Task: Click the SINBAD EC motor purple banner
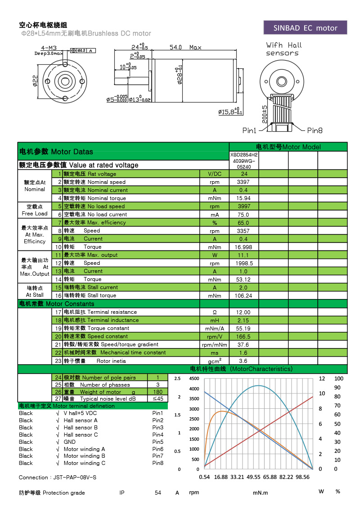click(305, 28)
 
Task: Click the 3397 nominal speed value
click(244, 182)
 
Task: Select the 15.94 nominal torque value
click(244, 198)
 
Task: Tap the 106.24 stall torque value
click(244, 295)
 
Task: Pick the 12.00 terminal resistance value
click(244, 312)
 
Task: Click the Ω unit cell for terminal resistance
click(215, 312)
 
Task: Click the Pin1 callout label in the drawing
click(249, 130)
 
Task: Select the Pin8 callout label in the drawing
click(315, 130)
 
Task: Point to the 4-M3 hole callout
click(49, 48)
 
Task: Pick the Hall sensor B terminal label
click(81, 428)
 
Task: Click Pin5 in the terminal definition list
click(157, 442)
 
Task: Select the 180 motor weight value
click(157, 392)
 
